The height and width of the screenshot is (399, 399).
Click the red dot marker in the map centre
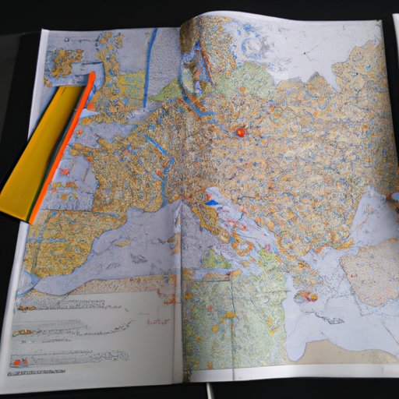pyautogui.click(x=240, y=132)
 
